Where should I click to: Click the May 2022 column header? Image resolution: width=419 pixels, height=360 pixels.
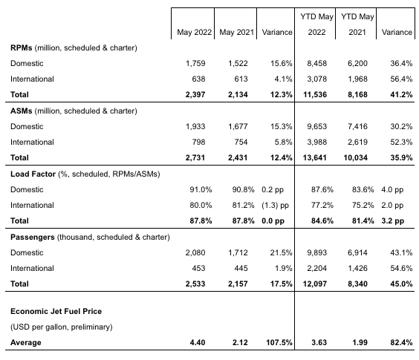click(194, 33)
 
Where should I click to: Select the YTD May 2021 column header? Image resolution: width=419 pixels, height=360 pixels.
click(357, 24)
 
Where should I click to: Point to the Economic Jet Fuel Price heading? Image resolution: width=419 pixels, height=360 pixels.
click(56, 312)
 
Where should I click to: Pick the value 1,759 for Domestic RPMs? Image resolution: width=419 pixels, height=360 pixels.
click(195, 64)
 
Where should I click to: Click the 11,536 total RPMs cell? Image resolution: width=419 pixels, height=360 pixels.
click(315, 95)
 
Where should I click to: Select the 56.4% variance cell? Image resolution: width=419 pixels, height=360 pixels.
click(401, 79)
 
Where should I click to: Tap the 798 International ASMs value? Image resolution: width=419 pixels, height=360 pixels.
click(198, 142)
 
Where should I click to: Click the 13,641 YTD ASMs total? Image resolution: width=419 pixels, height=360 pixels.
click(315, 158)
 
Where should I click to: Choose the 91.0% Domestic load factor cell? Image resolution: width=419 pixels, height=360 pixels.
click(201, 189)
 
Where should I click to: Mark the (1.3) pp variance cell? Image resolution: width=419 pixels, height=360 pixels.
click(275, 206)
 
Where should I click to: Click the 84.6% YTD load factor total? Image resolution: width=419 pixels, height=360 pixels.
click(322, 221)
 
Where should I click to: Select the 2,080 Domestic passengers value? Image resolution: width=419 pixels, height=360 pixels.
click(195, 252)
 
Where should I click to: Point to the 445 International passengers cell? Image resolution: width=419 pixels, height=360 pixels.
click(241, 268)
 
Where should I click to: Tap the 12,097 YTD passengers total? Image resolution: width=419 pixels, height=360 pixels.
click(315, 284)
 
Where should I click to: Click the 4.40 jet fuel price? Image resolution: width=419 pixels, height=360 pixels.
click(198, 343)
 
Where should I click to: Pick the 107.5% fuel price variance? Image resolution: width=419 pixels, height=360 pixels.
click(279, 343)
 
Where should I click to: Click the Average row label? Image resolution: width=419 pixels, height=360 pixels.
click(26, 343)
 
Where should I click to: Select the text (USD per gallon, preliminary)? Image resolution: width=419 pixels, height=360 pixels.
click(62, 327)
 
